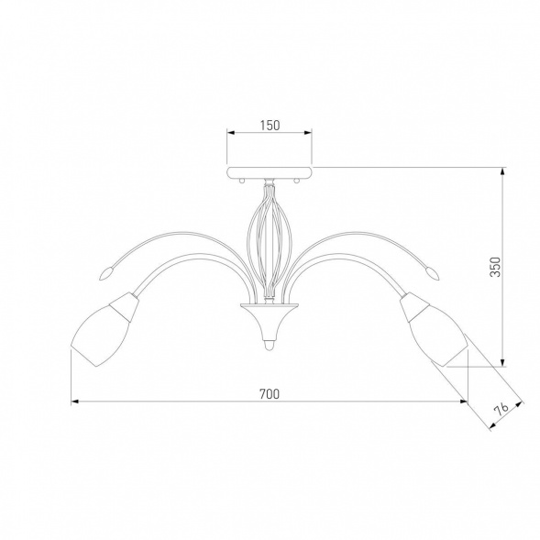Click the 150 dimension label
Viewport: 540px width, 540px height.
pos(270,126)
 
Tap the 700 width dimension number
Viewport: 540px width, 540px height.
pos(270,394)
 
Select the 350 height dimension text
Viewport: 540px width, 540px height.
pos(496,267)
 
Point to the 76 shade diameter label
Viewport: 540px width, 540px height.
pos(501,409)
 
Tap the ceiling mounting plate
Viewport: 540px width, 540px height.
pos(270,172)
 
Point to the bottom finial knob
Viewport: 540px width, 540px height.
pos(270,346)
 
